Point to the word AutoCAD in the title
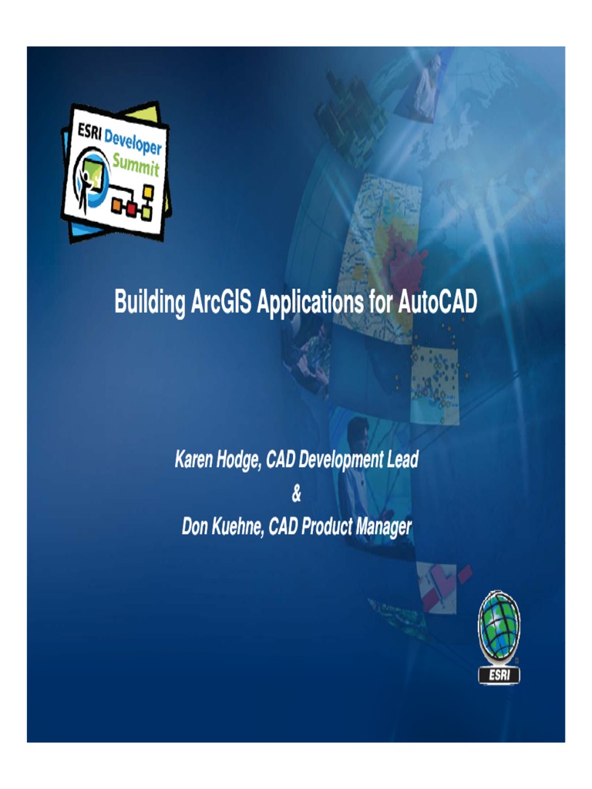click(x=437, y=301)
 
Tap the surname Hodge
click(x=239, y=460)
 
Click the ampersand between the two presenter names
click(x=296, y=493)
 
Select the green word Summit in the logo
click(x=136, y=164)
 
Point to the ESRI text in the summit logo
click(x=89, y=133)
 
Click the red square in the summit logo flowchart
click(x=131, y=208)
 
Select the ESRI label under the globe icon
click(x=499, y=675)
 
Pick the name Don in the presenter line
click(x=194, y=527)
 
